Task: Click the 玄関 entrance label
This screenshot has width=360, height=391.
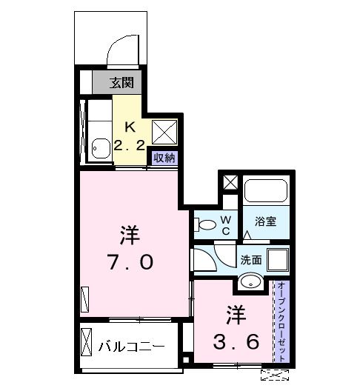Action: (x=124, y=82)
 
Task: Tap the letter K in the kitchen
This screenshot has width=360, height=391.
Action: (x=130, y=125)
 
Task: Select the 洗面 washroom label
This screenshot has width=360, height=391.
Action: (x=250, y=260)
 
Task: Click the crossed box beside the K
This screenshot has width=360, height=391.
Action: (x=163, y=131)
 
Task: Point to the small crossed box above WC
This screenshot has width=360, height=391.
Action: (x=230, y=182)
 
